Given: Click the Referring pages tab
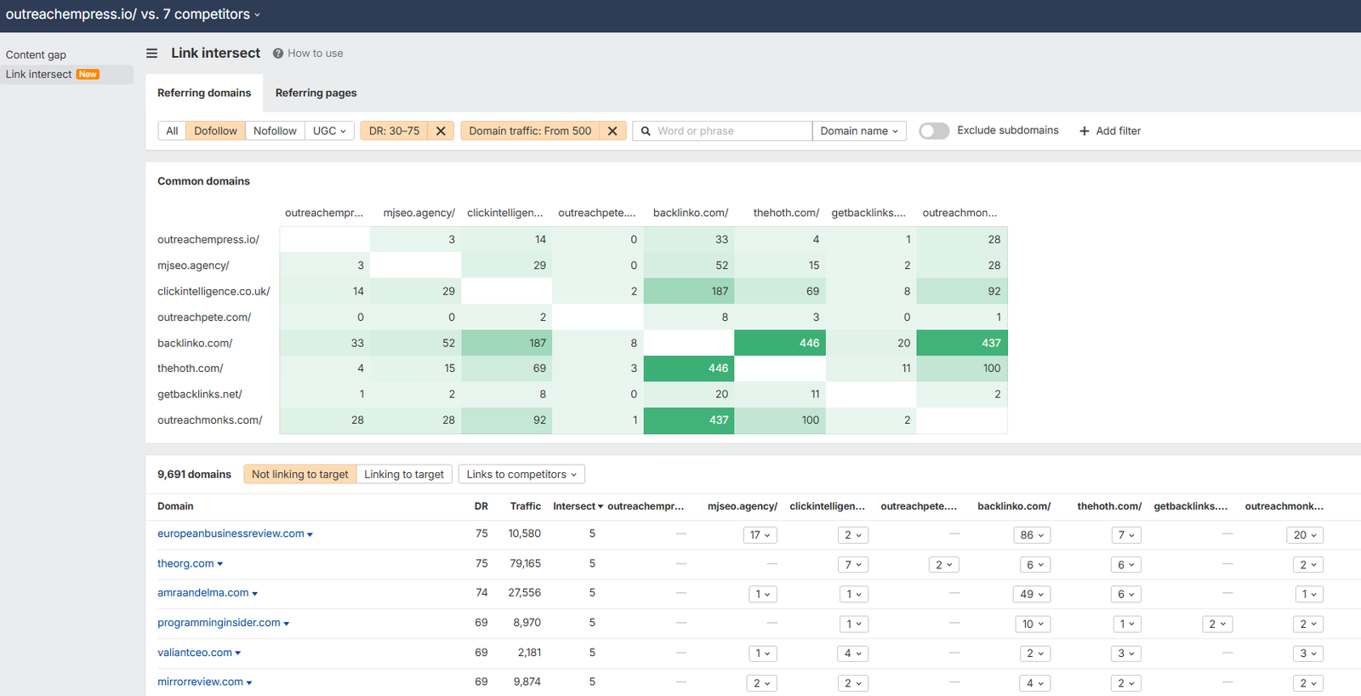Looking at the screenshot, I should (x=316, y=93).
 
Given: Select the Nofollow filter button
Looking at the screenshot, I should (x=275, y=131).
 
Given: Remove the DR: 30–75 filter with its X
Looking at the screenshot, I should (x=441, y=131).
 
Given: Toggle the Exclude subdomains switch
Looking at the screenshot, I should (x=934, y=131).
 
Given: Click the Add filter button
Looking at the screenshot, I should (x=1110, y=131).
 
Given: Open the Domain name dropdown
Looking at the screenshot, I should (x=859, y=131).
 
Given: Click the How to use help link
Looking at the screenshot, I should (x=308, y=53).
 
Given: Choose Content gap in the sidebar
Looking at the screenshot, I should (x=36, y=54).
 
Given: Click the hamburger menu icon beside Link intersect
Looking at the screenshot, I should (x=151, y=53).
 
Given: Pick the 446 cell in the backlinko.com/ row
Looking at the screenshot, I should (x=780, y=343).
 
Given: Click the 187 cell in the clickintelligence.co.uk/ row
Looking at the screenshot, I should (x=689, y=291).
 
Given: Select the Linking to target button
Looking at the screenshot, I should (x=404, y=474).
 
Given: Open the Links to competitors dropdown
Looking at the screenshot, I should (x=521, y=474).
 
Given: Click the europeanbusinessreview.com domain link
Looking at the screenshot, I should (x=231, y=533).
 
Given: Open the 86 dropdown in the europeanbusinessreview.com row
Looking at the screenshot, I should (x=1033, y=535).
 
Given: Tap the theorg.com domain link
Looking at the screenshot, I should (x=185, y=563).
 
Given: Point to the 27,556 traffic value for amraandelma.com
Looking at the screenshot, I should (x=524, y=592).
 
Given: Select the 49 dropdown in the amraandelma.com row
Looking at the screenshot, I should (x=1033, y=594).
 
